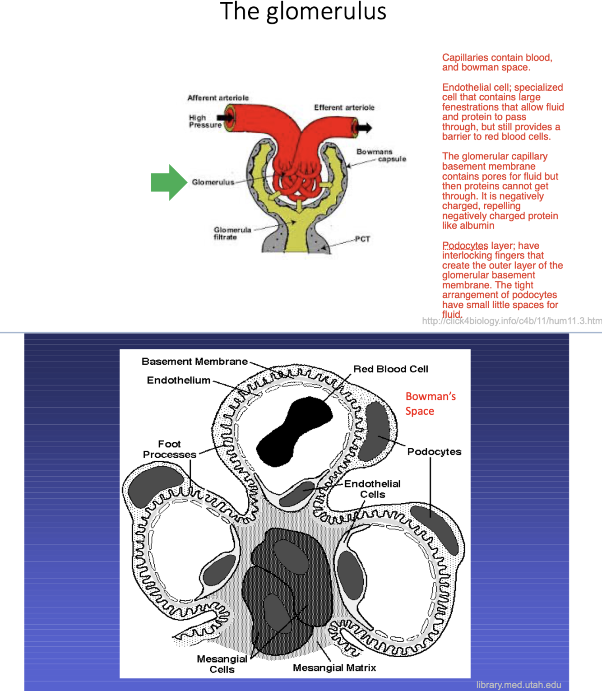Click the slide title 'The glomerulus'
[303, 12]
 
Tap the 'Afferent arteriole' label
[218, 98]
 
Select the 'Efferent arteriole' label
[344, 107]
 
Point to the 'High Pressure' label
[205, 121]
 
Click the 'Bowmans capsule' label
[381, 155]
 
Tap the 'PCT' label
[362, 239]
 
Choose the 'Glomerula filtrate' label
[232, 233]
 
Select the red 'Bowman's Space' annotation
[430, 403]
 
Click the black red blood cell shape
[294, 431]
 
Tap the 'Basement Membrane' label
[194, 362]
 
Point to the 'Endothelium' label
[179, 380]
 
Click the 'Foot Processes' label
[169, 450]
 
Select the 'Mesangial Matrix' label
[334, 668]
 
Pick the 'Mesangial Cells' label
[222, 664]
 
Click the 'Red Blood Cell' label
[390, 369]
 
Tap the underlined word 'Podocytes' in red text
[465, 246]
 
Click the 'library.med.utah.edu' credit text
[519, 685]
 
